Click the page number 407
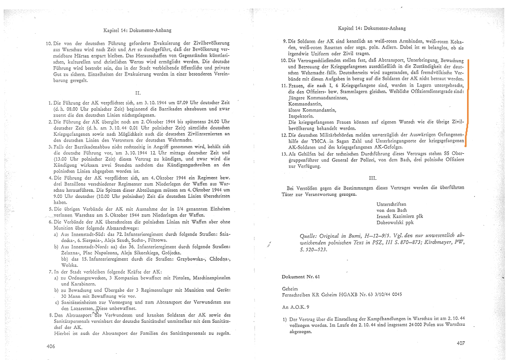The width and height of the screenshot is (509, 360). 461,343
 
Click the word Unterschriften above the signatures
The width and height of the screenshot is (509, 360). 391,204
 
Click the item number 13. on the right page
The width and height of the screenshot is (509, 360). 284,154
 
